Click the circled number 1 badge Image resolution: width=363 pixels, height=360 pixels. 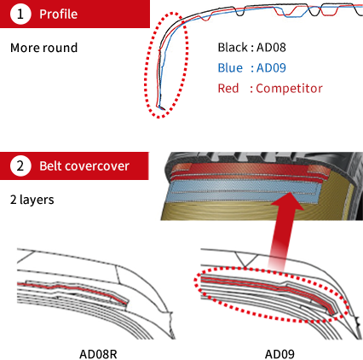[20, 14]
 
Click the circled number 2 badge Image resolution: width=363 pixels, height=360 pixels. [20, 165]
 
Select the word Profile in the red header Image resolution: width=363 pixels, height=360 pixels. [58, 15]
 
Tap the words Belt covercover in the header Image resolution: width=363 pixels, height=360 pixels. [84, 166]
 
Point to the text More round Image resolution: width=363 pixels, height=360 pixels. [43, 48]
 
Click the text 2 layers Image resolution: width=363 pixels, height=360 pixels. [32, 200]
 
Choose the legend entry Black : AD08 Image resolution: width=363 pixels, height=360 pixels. [251, 48]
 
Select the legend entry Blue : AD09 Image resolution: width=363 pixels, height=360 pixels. [251, 68]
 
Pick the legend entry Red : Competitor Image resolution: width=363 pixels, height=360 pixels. [270, 89]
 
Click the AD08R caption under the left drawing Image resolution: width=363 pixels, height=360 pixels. [98, 354]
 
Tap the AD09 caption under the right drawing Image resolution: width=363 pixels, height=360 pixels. [279, 354]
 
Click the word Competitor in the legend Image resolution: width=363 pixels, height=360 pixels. [290, 89]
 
